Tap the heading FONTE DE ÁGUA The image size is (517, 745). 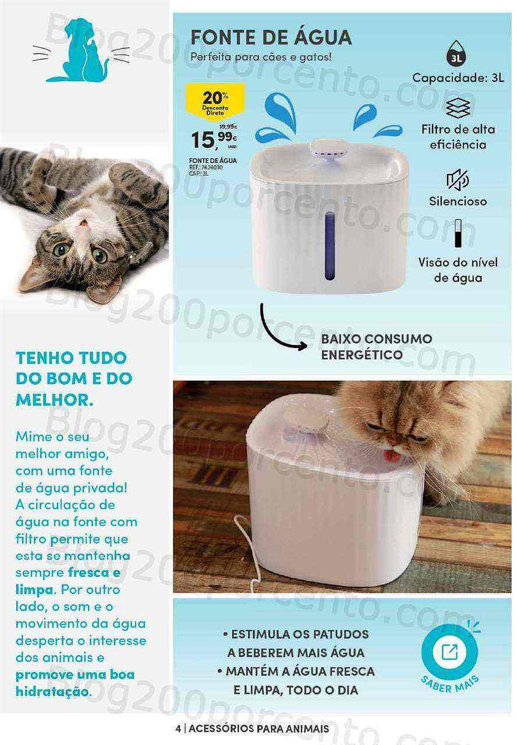[271, 37]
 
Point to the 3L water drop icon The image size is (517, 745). [458, 56]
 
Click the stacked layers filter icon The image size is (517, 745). [458, 108]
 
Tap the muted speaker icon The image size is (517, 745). [458, 180]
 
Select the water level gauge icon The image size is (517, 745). [458, 234]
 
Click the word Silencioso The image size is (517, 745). [458, 201]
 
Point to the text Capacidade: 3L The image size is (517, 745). [458, 77]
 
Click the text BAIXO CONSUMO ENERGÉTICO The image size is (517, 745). [376, 346]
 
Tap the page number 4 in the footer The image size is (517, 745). [177, 728]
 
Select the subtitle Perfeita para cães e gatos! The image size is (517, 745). [261, 57]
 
